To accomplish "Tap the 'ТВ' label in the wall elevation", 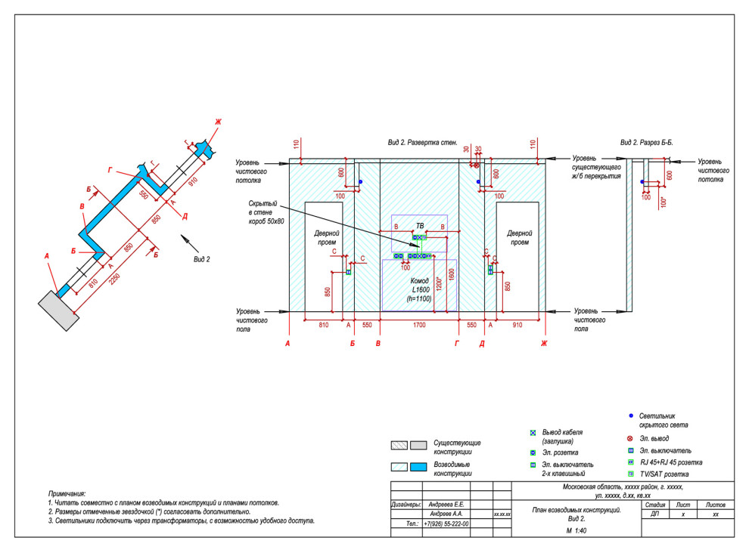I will (x=419, y=225).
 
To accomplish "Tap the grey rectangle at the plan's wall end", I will (x=59, y=308).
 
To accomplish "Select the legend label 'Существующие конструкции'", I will (x=456, y=447).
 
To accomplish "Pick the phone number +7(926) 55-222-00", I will (x=447, y=523).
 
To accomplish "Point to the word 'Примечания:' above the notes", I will (x=67, y=492).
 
